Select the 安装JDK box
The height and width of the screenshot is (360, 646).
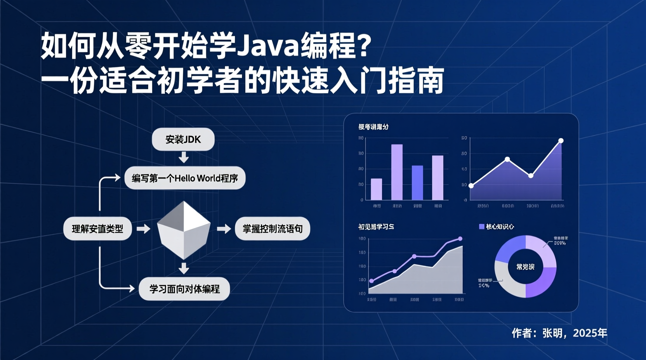[x=183, y=139]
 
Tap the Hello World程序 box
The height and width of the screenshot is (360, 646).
[x=185, y=178]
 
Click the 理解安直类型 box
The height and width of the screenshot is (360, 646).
[x=97, y=228]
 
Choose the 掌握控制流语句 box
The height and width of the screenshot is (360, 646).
[x=273, y=228]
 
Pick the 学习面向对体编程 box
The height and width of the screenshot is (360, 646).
[x=184, y=289]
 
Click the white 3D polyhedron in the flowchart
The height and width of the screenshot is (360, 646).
[x=184, y=230]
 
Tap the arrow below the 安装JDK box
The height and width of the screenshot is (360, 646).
[x=184, y=157]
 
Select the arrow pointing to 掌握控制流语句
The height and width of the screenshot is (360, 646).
[x=224, y=229]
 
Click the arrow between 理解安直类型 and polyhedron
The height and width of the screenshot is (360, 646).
[x=143, y=229]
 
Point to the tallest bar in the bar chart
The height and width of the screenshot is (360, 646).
[x=397, y=172]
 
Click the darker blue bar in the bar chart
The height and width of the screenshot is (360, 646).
[x=417, y=182]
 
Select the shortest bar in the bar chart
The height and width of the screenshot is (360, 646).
[x=376, y=189]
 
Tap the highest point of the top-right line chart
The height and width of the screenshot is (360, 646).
[x=561, y=141]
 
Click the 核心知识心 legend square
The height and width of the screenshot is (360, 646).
[x=481, y=227]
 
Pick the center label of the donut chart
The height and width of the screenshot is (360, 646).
[x=525, y=267]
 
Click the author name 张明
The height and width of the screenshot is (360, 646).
[x=552, y=333]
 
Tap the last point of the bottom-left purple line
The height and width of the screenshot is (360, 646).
[x=460, y=239]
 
